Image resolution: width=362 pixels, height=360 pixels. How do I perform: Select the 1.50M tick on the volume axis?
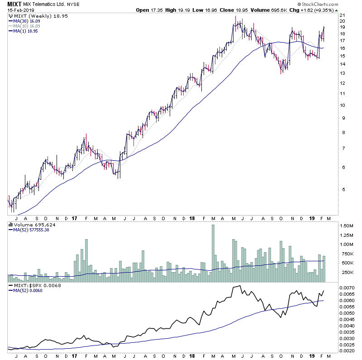pyautogui.click(x=348, y=226)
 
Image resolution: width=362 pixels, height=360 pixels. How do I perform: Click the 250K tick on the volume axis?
pyautogui.click(x=347, y=272)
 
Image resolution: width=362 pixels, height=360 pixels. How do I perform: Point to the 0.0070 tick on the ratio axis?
pyautogui.click(x=349, y=288)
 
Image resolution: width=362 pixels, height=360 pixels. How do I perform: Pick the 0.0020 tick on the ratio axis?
pyautogui.click(x=349, y=351)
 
